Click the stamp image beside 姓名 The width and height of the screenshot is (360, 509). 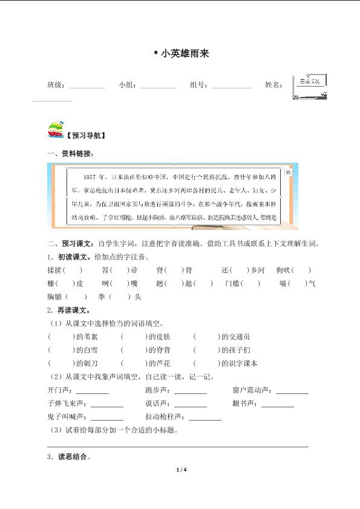pyautogui.click(x=309, y=87)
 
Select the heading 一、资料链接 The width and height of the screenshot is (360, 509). pyautogui.click(x=70, y=154)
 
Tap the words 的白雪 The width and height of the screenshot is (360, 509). pyautogui.click(x=85, y=350)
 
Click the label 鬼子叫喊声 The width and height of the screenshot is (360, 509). pyautogui.click(x=67, y=416)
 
